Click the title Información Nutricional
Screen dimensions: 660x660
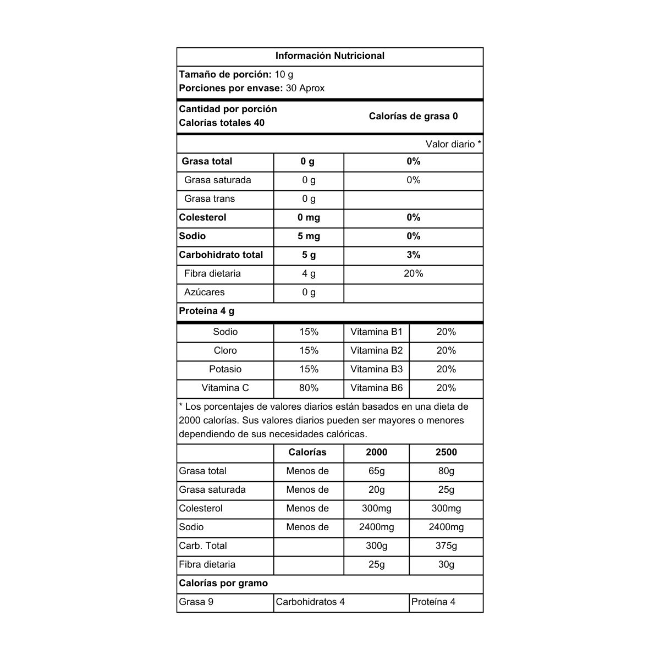pos(329,56)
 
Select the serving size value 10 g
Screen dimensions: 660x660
pos(284,74)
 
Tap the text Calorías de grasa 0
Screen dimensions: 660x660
pos(413,116)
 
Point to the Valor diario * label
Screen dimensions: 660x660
pos(453,144)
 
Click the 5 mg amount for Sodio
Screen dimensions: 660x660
pos(309,236)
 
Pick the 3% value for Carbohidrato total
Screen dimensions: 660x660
pos(414,255)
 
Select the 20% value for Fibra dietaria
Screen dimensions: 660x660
pos(414,273)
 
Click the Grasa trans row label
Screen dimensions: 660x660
pos(210,199)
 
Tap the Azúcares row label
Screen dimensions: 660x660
pos(205,292)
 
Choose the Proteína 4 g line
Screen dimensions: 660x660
pos(207,311)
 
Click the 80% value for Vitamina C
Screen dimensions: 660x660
pos(309,388)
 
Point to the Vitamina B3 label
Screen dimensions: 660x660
pos(376,369)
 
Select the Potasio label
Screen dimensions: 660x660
pos(226,369)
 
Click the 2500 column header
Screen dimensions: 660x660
pos(446,452)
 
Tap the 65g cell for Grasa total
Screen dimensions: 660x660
pos(377,471)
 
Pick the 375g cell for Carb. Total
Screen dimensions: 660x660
pos(446,546)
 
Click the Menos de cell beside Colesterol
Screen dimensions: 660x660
pos(307,508)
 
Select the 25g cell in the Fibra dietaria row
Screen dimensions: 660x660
pos(377,564)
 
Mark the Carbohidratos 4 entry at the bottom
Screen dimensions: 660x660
pos(310,602)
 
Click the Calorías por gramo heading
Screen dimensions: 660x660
pos(223,583)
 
